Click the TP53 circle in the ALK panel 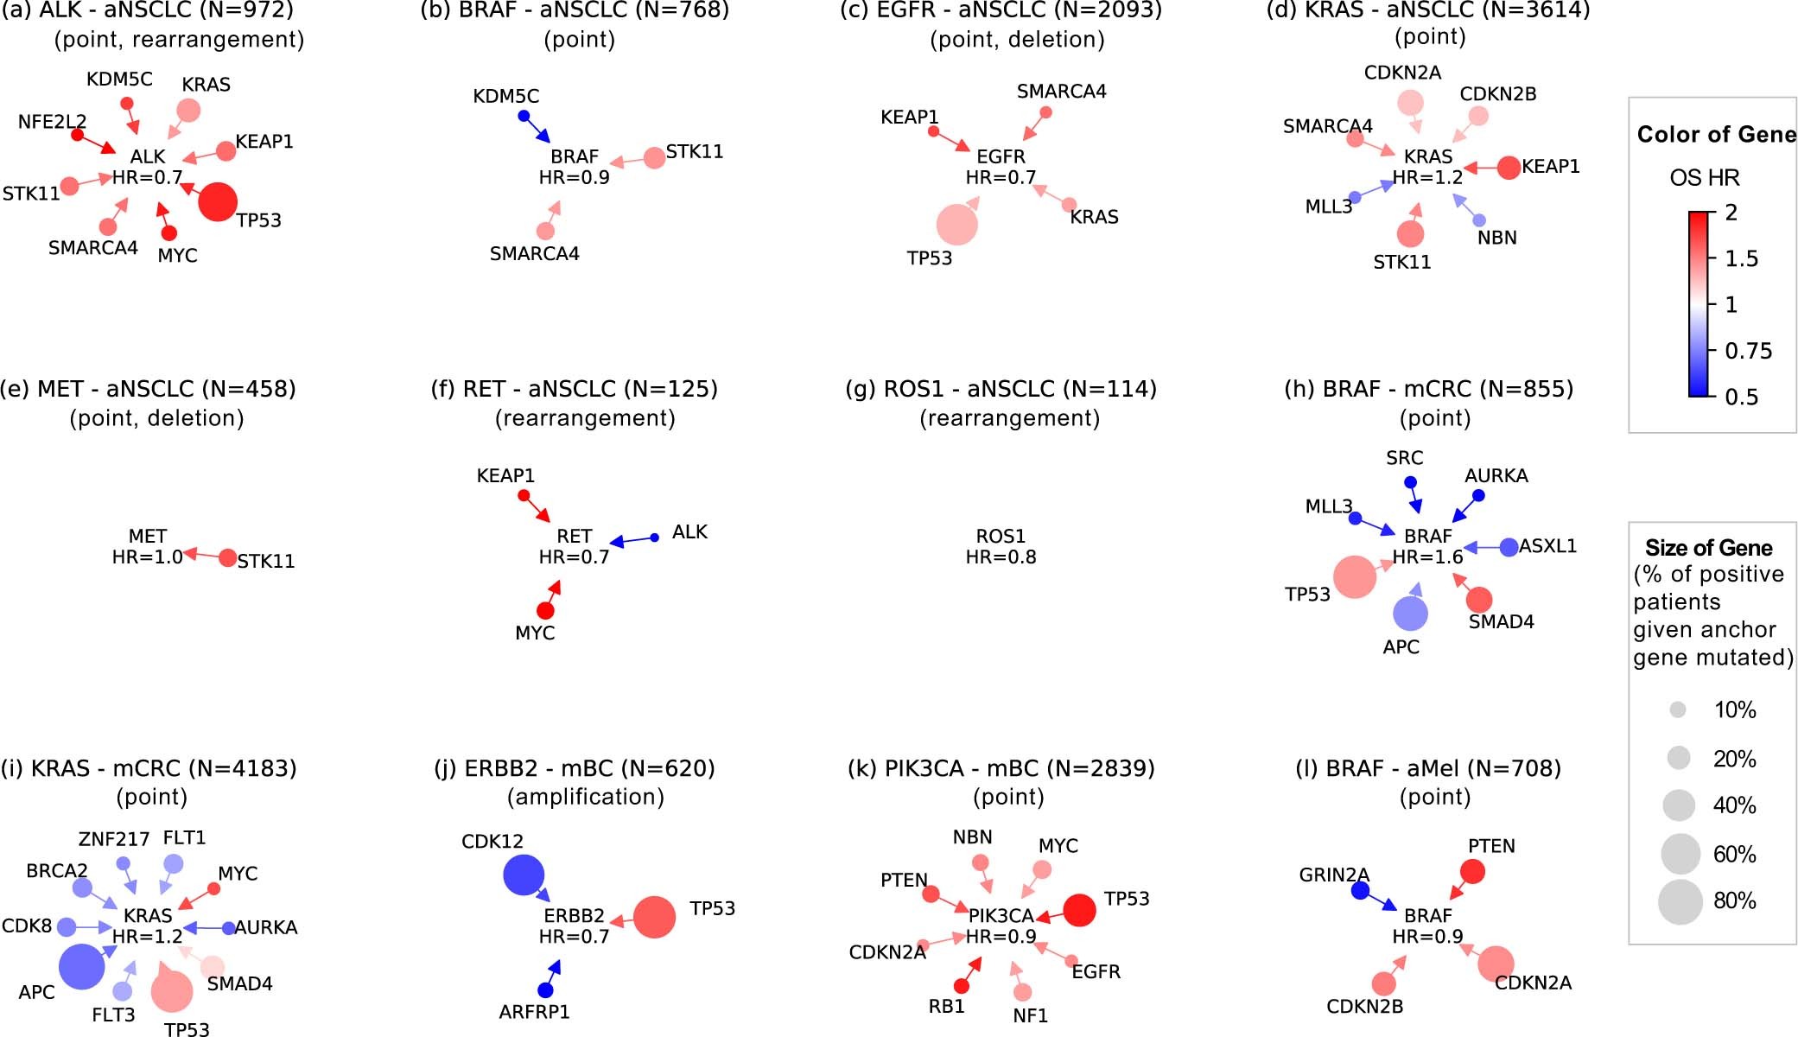(x=217, y=201)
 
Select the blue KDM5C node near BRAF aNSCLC (x=524, y=116)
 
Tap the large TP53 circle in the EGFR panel (x=956, y=225)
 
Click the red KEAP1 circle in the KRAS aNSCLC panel (x=1509, y=168)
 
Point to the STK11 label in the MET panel (x=266, y=562)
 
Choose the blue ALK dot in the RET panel (x=654, y=538)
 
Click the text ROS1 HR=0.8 (x=1001, y=547)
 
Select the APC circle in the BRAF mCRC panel (x=1410, y=614)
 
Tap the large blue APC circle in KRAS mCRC (x=82, y=966)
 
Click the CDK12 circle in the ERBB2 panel (x=524, y=875)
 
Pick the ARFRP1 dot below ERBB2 (x=545, y=989)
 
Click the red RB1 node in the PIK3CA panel (x=961, y=986)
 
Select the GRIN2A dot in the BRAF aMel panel (x=1360, y=890)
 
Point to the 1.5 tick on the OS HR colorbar (x=1740, y=258)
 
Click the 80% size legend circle (x=1680, y=902)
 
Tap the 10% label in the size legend (x=1735, y=710)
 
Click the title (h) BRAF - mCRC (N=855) (x=1428, y=389)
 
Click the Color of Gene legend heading (x=1716, y=135)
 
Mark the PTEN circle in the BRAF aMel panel (x=1472, y=871)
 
